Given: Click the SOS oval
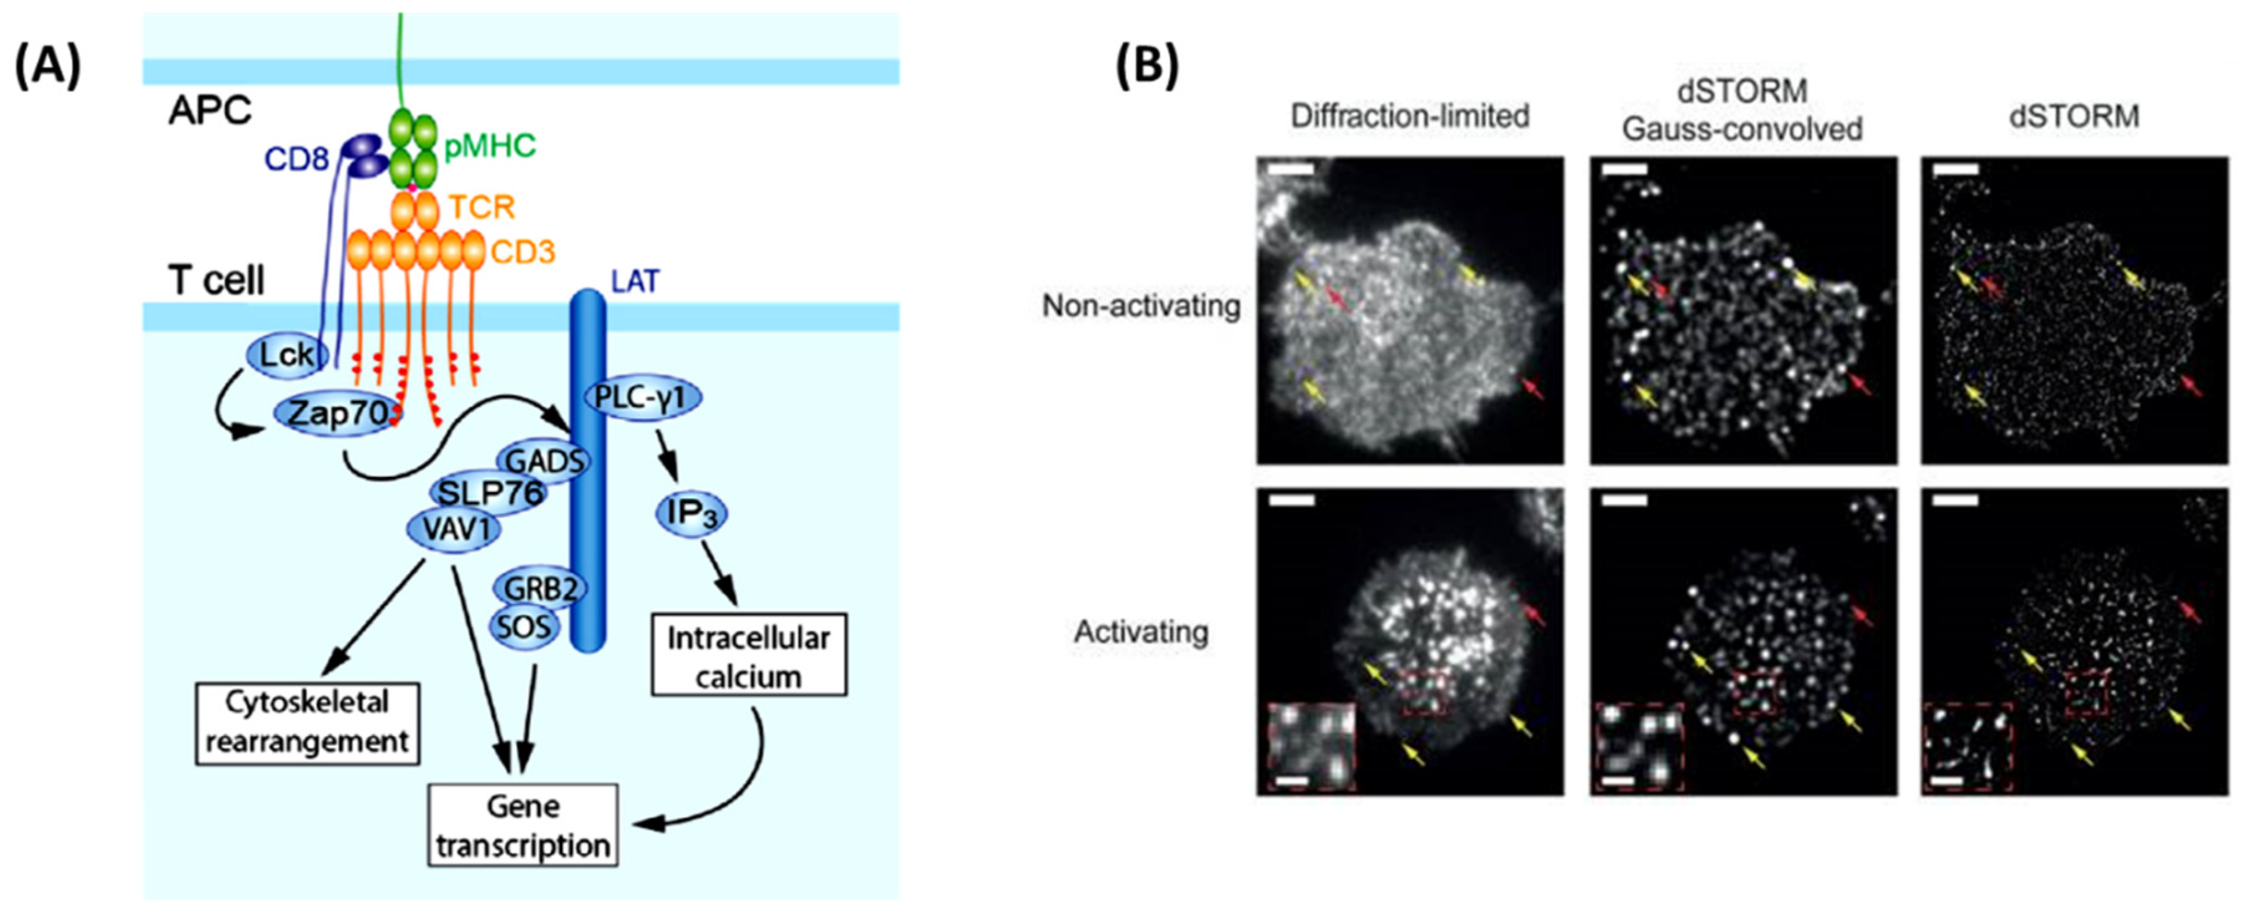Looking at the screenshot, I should [x=524, y=627].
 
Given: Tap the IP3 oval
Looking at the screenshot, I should [x=690, y=514].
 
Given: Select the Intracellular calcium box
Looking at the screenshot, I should [x=748, y=656].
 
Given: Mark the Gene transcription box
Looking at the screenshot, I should [x=522, y=824].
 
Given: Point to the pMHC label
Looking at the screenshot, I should [x=489, y=146].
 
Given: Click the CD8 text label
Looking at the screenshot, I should [x=296, y=160].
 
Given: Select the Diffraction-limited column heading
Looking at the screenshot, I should [x=1410, y=116].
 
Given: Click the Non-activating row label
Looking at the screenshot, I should [x=1141, y=306].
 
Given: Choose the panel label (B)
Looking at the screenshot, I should [x=1148, y=67].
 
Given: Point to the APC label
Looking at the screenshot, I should [x=210, y=111].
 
